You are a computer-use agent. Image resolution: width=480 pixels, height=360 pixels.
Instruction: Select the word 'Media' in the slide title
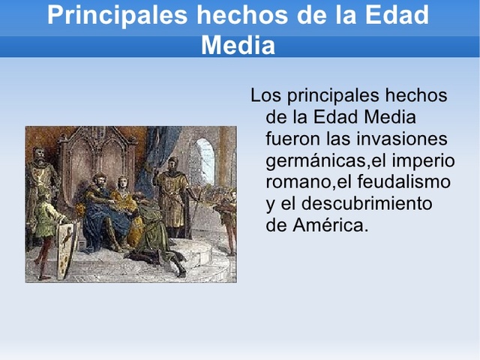click(238, 46)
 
